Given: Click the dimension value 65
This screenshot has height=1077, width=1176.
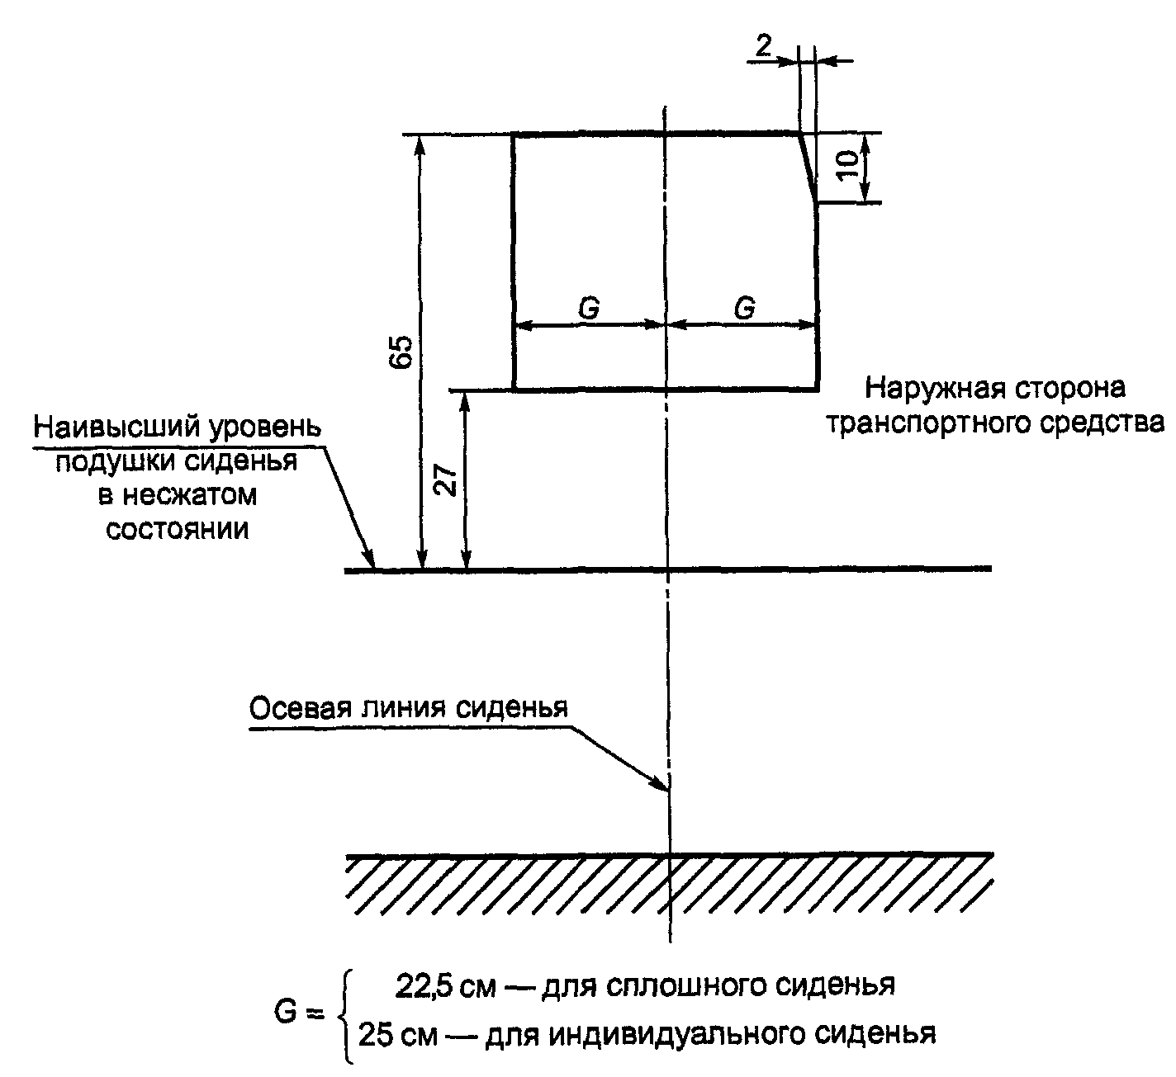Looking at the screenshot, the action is click(x=402, y=352).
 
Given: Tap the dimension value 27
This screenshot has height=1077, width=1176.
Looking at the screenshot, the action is click(x=447, y=479).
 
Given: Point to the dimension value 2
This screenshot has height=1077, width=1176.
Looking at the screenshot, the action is click(x=764, y=46).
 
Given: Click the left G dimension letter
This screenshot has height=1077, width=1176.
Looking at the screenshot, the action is click(x=589, y=308).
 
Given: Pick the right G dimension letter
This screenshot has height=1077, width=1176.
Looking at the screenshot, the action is click(x=744, y=308).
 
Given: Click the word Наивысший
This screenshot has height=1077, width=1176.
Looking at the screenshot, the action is click(x=106, y=427).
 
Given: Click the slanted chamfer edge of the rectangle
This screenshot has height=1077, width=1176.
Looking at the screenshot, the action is click(x=807, y=167).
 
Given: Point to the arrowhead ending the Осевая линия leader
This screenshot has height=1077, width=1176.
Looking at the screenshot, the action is click(x=661, y=784).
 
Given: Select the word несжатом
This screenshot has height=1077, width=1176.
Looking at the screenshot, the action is click(x=189, y=495).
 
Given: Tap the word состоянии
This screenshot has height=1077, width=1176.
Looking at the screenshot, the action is click(x=178, y=528).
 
